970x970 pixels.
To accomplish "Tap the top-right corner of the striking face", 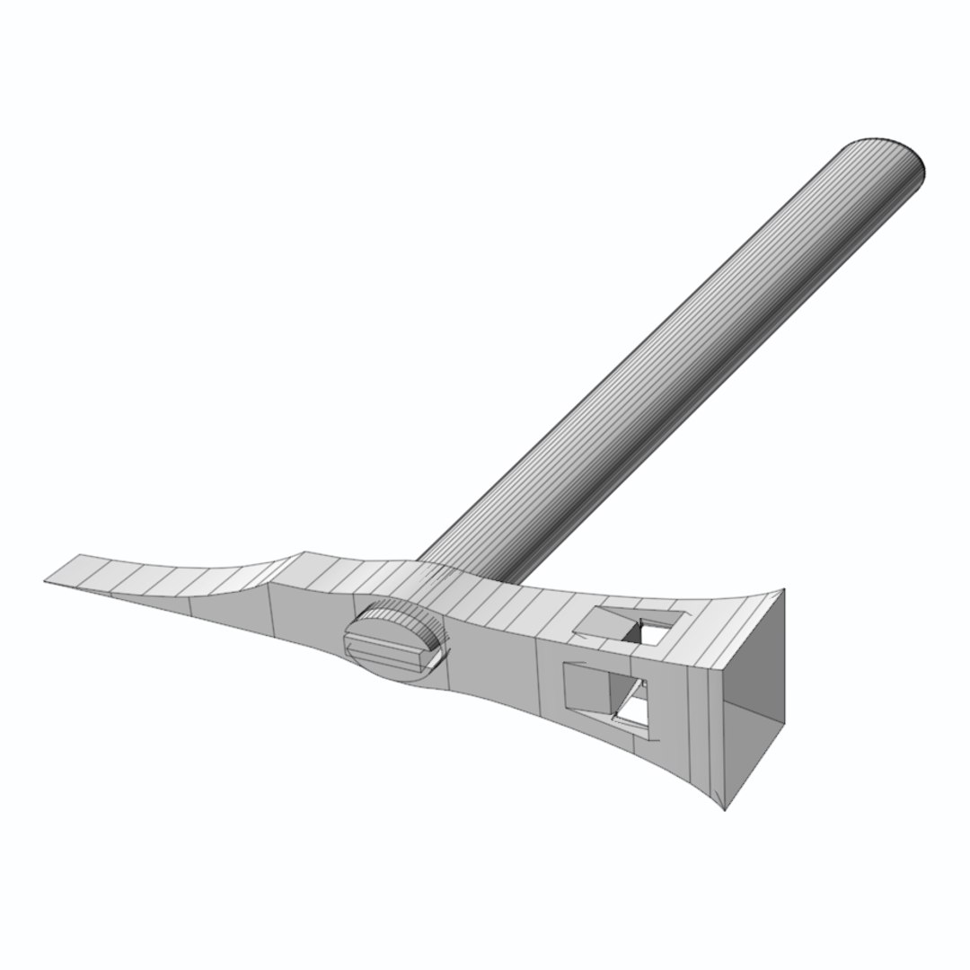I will (x=784, y=590).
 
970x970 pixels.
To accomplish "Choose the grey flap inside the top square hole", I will (x=600, y=620).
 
